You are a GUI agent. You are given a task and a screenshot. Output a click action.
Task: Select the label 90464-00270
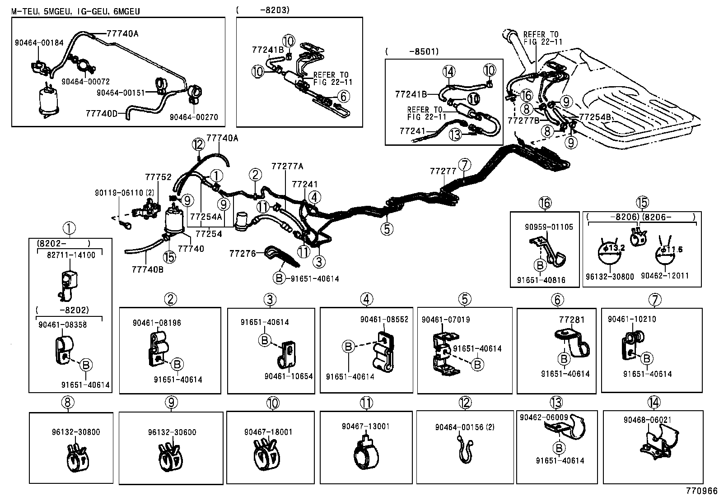[194, 117]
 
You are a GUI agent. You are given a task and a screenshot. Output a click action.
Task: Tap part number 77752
[158, 177]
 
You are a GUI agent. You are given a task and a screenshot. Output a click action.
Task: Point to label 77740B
[148, 269]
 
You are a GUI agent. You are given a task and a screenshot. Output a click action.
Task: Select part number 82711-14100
[70, 255]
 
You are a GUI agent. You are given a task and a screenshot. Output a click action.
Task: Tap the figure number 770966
[700, 490]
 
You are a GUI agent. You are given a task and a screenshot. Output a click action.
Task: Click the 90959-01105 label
[549, 227]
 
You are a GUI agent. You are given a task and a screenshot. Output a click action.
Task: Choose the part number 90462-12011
[665, 276]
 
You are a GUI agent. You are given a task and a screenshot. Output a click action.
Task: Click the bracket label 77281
[571, 320]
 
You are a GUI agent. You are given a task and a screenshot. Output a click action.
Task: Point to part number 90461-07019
[446, 320]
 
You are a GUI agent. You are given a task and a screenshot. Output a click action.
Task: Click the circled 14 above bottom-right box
[653, 401]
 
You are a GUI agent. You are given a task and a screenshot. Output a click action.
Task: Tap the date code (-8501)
[412, 51]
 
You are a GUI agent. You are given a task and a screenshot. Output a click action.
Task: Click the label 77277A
[287, 167]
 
